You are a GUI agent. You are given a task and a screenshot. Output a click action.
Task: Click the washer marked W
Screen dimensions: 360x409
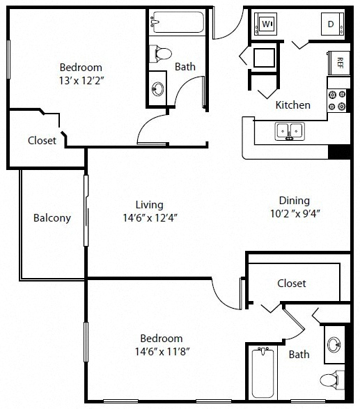265,24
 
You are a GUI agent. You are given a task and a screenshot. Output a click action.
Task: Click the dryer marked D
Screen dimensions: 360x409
332,24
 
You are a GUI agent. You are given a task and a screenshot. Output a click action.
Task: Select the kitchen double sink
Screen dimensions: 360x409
290,131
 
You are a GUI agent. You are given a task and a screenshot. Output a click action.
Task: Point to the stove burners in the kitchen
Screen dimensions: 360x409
337,100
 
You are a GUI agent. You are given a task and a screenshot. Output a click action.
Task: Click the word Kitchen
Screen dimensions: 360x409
292,105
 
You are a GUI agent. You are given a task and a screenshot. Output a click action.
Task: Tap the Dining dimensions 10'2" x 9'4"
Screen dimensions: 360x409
295,214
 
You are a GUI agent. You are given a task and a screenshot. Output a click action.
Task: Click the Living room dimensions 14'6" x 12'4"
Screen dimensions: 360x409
150,217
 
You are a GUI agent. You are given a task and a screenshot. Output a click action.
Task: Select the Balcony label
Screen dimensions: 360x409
52,218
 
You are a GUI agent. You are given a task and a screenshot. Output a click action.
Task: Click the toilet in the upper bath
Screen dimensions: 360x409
161,54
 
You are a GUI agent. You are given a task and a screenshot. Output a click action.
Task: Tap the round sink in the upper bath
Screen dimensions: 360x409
158,89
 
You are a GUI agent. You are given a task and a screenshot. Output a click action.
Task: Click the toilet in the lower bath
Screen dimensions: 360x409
331,380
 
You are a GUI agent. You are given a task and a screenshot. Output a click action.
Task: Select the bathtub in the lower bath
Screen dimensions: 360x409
263,373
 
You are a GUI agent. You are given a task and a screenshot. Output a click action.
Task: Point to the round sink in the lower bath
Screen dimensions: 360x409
334,344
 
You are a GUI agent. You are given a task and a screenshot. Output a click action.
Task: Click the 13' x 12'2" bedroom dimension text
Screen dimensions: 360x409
81,81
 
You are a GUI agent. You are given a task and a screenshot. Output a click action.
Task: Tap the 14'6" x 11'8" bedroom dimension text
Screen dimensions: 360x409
162,352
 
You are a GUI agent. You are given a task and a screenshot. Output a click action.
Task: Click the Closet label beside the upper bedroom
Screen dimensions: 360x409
42,141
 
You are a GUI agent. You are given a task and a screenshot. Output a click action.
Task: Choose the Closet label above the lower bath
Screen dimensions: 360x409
292,284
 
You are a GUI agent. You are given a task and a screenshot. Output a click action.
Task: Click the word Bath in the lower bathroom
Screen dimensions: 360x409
299,355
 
